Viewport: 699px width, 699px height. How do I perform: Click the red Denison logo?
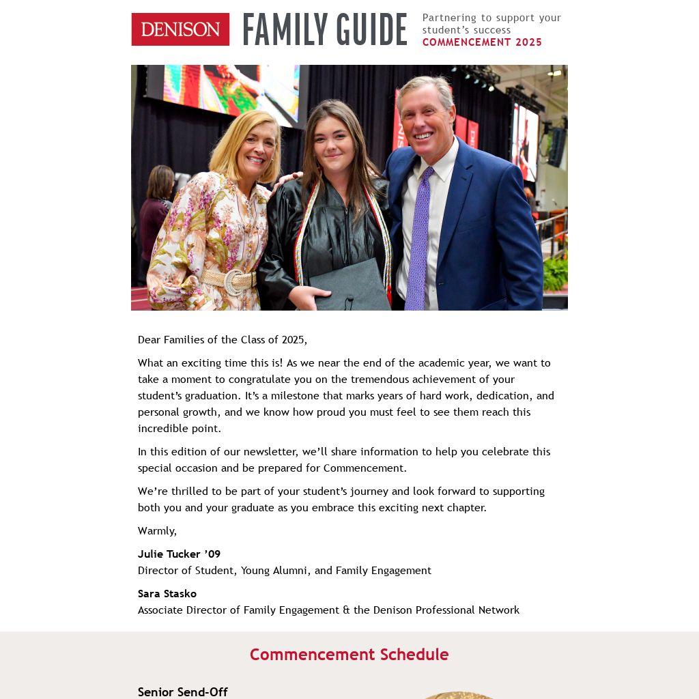[180, 29]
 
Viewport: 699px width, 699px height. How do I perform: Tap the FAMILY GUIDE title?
[324, 30]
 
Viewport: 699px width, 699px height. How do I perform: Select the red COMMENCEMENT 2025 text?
[482, 42]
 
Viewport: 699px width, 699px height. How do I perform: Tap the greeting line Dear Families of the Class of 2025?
[223, 340]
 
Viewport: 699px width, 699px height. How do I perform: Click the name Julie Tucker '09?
[179, 554]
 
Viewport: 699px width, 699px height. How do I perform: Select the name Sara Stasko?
[167, 594]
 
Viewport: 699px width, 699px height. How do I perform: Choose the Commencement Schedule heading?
[349, 655]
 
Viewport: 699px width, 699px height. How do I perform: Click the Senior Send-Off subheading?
[182, 692]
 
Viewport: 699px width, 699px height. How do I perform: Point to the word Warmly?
[157, 531]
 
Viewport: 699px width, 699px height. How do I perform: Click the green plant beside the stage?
[555, 274]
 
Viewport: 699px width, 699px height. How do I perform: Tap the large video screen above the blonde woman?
[232, 89]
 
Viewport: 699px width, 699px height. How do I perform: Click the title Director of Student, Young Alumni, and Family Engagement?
[285, 571]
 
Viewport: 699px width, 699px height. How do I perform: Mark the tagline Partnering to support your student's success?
[491, 24]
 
